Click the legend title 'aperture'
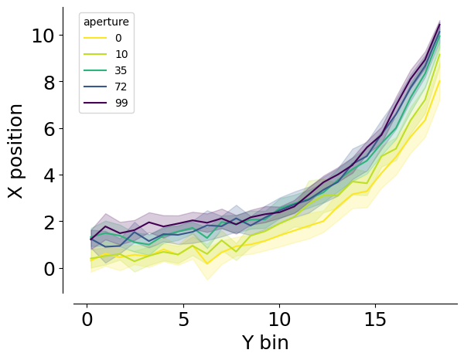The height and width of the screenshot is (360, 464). point(106,22)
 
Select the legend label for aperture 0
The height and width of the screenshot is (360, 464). point(118,38)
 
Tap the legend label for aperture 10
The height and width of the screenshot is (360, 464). point(121,54)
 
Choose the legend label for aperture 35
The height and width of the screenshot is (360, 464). point(121,70)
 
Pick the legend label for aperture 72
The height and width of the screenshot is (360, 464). point(121,87)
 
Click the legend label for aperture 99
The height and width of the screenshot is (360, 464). point(121,104)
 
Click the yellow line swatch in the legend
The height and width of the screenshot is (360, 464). point(95,38)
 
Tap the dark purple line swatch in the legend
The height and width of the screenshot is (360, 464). point(95,103)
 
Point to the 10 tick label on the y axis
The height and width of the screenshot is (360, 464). point(43,36)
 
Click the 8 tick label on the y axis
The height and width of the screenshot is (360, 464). point(49,83)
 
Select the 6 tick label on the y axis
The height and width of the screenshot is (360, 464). point(49,130)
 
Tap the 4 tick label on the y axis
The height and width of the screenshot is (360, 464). point(49,176)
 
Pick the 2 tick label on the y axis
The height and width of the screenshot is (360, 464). point(49,222)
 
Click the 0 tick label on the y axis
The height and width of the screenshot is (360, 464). point(49,270)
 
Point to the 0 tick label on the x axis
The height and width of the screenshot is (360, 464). point(87,320)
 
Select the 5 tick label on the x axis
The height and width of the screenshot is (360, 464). point(183,320)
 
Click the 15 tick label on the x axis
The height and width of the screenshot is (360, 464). point(375,320)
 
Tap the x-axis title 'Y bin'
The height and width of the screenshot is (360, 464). point(265,343)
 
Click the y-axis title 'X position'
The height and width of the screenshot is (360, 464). point(15,151)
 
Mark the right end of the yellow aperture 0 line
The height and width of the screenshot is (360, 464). point(440,80)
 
